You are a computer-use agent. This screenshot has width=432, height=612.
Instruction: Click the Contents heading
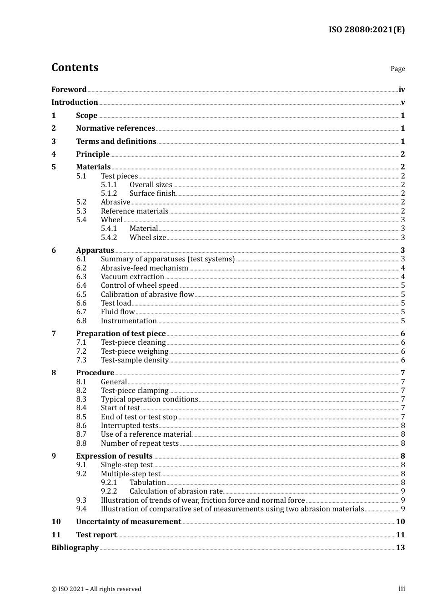75,67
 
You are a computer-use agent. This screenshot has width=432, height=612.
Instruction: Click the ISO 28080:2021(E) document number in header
367,30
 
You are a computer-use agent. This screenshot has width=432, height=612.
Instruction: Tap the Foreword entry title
69,90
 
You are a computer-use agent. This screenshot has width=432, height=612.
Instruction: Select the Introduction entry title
75,102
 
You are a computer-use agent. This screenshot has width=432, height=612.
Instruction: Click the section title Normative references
116,128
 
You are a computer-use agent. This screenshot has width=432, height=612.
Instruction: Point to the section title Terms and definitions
116,142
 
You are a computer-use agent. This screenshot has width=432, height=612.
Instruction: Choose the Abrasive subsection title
116,202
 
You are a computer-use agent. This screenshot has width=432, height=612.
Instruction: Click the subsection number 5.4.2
109,238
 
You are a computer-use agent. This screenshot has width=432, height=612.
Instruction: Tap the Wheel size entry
148,238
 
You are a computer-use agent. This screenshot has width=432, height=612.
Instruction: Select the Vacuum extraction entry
132,277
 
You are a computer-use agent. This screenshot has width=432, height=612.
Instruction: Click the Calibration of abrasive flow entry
147,295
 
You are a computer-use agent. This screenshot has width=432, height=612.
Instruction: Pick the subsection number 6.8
81,321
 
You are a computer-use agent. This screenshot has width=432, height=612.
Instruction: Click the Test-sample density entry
135,360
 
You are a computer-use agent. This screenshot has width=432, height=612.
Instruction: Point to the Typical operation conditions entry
149,399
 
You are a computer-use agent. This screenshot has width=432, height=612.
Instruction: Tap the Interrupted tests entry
130,426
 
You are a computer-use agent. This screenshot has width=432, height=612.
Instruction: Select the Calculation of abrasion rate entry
176,491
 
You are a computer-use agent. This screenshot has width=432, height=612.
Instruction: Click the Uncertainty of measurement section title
128,522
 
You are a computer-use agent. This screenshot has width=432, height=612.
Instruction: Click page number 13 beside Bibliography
400,548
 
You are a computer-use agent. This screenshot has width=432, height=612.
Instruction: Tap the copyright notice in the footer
96,589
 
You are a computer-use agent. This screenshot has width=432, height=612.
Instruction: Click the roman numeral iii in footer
402,589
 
